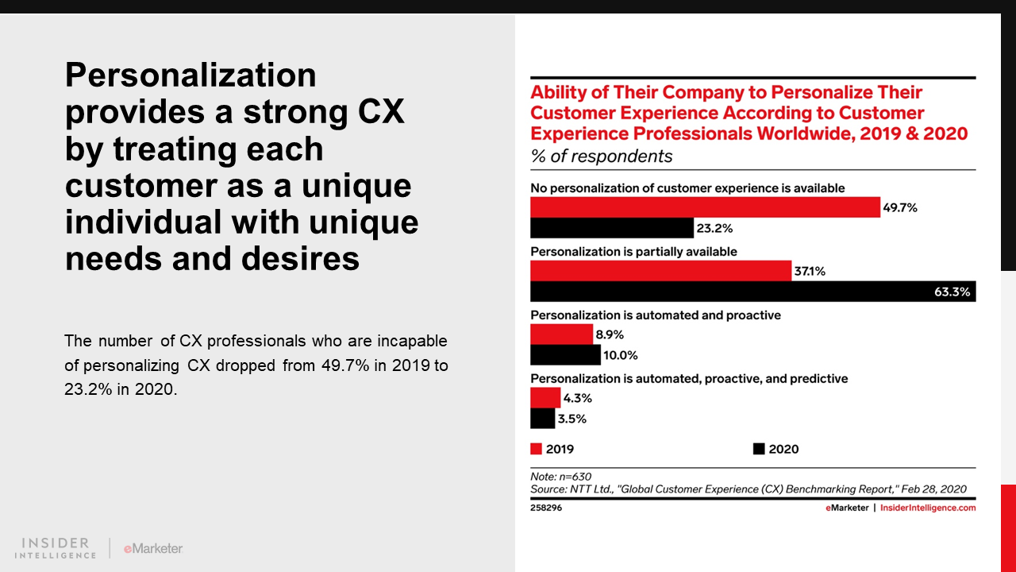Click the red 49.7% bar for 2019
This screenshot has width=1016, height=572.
pyautogui.click(x=705, y=207)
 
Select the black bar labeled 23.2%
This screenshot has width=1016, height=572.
pyautogui.click(x=611, y=228)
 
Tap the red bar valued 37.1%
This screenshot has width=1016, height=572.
pyautogui.click(x=660, y=271)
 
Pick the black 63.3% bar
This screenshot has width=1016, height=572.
pyautogui.click(x=752, y=292)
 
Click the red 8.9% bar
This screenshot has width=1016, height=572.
pyautogui.click(x=561, y=334)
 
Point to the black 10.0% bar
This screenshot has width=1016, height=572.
pyautogui.click(x=565, y=355)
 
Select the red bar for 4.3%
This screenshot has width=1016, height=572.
pyautogui.click(x=545, y=398)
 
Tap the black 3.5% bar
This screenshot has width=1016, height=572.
pyautogui.click(x=543, y=419)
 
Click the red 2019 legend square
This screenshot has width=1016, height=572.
pyautogui.click(x=536, y=449)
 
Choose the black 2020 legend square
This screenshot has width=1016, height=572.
pyautogui.click(x=759, y=449)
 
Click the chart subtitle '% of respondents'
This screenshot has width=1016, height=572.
pyautogui.click(x=601, y=157)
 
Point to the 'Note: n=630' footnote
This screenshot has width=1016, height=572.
pyautogui.click(x=560, y=477)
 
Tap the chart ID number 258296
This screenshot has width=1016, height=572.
pyautogui.click(x=546, y=508)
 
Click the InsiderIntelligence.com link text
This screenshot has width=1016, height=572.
pyautogui.click(x=928, y=508)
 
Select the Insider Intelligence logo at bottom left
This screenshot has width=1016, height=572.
pyautogui.click(x=56, y=548)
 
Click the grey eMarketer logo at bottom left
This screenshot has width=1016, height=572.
pyautogui.click(x=153, y=548)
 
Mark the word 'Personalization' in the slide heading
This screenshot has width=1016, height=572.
pyautogui.click(x=190, y=76)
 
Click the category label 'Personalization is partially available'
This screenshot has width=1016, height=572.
pyautogui.click(x=633, y=252)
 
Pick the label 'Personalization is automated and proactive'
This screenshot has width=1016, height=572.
pyautogui.click(x=655, y=315)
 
